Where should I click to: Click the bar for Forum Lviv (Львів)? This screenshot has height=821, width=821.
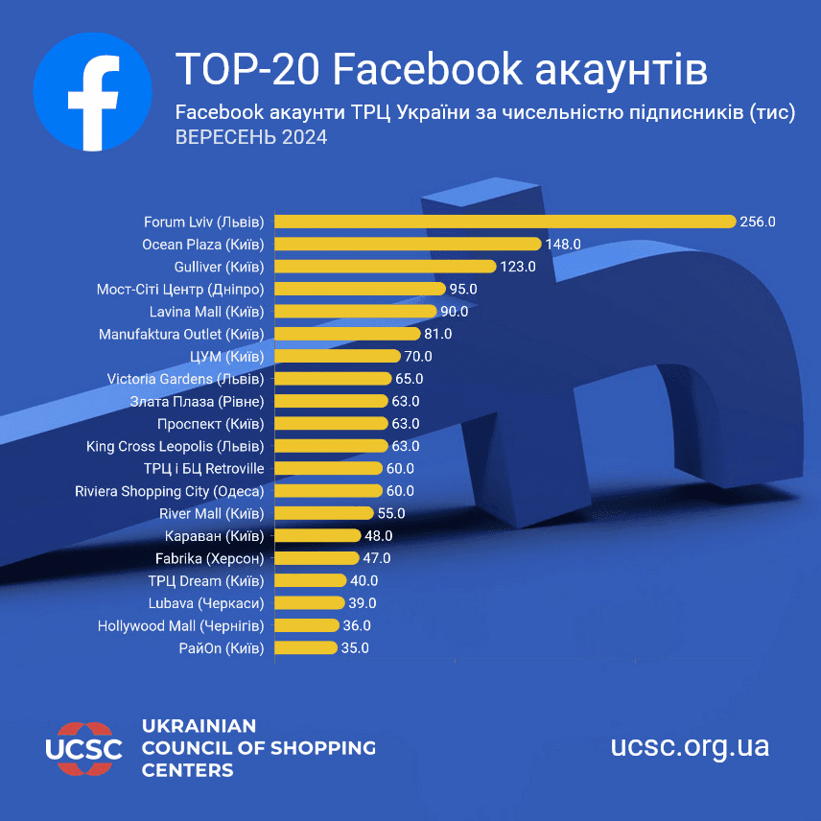pos(504,222)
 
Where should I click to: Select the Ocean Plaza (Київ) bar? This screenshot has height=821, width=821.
pos(408,245)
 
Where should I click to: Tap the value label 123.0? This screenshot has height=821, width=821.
pos(518,267)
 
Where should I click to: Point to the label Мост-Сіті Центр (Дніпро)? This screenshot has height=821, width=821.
pos(180,289)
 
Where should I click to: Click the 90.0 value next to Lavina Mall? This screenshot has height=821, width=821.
pos(454,312)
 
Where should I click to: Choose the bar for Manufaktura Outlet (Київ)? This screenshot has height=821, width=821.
pos(347,334)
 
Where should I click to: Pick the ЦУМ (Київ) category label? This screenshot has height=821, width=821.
pos(227,356)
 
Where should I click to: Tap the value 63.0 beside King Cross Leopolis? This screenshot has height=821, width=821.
pos(405,446)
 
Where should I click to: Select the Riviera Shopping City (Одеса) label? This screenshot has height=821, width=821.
pos(169,491)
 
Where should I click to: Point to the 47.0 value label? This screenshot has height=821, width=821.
pos(376,558)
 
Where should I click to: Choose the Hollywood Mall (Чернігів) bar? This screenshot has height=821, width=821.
pos(308,625)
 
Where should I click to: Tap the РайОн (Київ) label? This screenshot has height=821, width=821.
pos(221,648)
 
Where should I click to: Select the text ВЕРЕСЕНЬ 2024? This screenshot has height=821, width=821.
pos(251,137)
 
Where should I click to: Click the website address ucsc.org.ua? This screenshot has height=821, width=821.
pos(690,746)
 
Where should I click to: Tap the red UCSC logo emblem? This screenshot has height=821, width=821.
pos(84,746)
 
